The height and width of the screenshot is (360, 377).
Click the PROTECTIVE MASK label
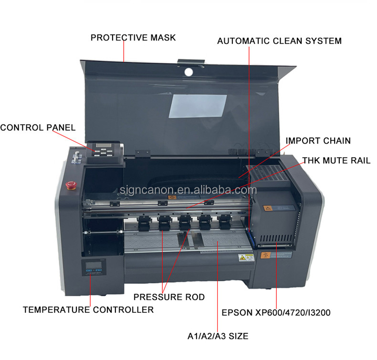click(x=133, y=38)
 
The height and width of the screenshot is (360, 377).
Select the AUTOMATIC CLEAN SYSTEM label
click(x=279, y=41)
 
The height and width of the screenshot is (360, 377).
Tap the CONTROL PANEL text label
click(x=38, y=127)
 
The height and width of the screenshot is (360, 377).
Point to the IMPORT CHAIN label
click(x=318, y=141)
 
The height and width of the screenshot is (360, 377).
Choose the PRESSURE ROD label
click(x=169, y=297)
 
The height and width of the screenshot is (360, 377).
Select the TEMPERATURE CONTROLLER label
click(x=88, y=310)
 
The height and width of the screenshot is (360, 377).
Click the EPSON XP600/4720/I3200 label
click(x=276, y=313)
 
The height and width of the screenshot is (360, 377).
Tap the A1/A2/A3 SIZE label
click(x=218, y=336)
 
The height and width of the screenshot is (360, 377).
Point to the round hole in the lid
click(x=189, y=72)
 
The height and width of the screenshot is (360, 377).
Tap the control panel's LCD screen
click(x=102, y=146)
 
